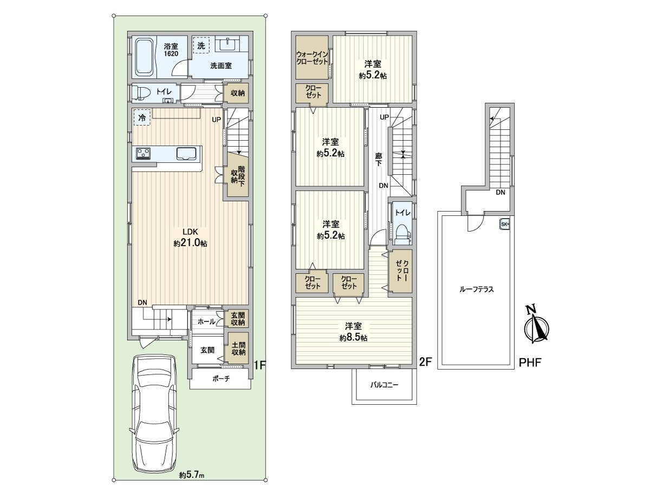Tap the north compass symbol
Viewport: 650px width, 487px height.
tap(536, 326)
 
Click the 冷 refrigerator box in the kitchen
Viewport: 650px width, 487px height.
tap(142, 117)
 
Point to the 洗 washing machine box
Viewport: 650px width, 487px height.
tap(201, 45)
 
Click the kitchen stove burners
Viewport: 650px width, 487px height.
tap(144, 154)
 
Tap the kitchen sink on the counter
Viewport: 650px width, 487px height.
tap(186, 154)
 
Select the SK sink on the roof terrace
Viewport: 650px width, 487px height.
tap(505, 224)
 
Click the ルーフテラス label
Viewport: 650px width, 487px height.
tap(477, 289)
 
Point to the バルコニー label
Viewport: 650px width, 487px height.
tap(385, 385)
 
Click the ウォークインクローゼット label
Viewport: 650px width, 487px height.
tap(312, 58)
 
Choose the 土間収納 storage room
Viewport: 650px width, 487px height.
tap(238, 348)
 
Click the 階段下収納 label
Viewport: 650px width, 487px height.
tap(238, 176)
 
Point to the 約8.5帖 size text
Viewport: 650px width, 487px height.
tap(353, 338)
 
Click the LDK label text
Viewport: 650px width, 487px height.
tap(190, 231)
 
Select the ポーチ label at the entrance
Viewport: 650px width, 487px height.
tap(221, 378)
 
